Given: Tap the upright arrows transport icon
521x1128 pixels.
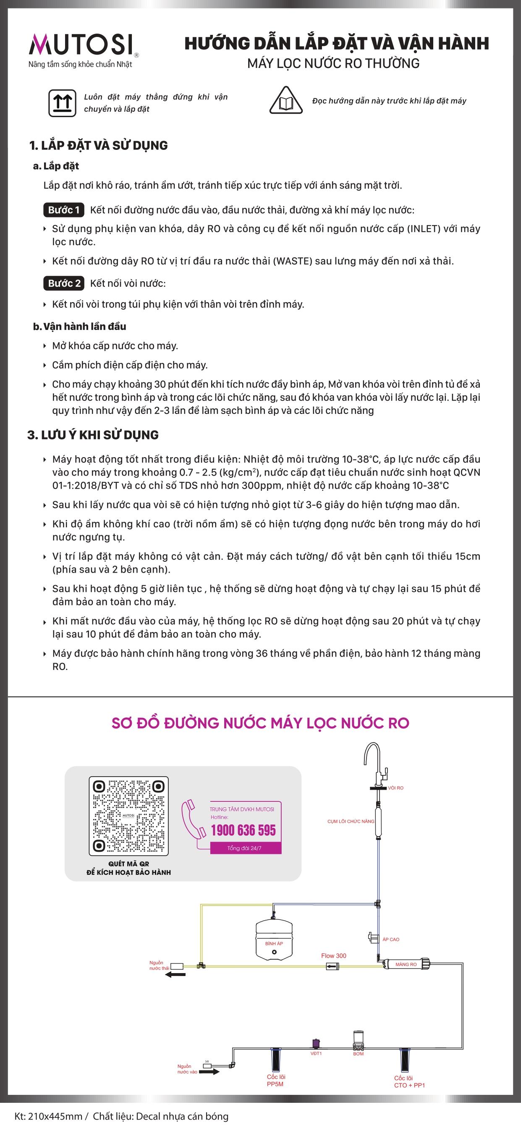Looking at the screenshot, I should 62,103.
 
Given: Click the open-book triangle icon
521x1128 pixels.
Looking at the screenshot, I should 285,101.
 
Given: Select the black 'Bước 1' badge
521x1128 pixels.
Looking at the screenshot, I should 64,210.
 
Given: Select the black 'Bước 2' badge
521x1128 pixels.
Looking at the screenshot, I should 64,283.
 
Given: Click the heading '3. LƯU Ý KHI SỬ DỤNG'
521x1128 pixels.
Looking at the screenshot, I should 93,435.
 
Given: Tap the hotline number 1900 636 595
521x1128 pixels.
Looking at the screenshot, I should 243,830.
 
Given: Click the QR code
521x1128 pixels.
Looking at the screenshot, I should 129,816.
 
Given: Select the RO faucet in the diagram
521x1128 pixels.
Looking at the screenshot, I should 375,764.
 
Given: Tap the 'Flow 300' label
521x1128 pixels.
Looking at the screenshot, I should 334,955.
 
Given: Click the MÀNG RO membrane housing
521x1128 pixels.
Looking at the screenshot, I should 406,964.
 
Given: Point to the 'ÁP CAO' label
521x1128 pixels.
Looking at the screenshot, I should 390,939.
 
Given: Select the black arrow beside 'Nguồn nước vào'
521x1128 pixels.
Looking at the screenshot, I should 209,1071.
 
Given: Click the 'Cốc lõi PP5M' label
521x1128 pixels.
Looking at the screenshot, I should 276,1080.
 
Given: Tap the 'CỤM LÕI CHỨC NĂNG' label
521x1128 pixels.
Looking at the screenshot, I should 351,821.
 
